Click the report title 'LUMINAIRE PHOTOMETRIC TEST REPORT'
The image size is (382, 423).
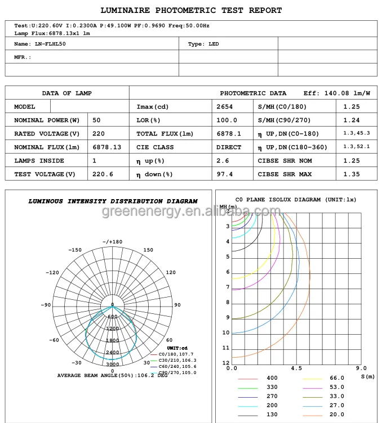point(191,10)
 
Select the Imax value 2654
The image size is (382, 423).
point(225,106)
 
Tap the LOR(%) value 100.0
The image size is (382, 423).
point(227,120)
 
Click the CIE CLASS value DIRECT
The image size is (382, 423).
point(229,147)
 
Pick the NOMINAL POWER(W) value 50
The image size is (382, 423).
point(97,120)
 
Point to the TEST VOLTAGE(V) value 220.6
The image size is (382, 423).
point(103,174)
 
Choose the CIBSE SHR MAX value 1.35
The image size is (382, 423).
point(352,174)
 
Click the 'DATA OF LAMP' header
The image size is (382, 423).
point(66,93)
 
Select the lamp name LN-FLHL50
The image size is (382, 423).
point(50,43)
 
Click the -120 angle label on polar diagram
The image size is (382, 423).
point(52,272)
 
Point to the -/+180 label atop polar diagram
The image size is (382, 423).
point(113,241)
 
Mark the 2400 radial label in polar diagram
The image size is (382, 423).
point(113,353)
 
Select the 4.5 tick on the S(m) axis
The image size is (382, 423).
point(296,368)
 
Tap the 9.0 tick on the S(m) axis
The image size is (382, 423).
point(361,368)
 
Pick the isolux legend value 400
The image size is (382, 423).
point(272,377)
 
